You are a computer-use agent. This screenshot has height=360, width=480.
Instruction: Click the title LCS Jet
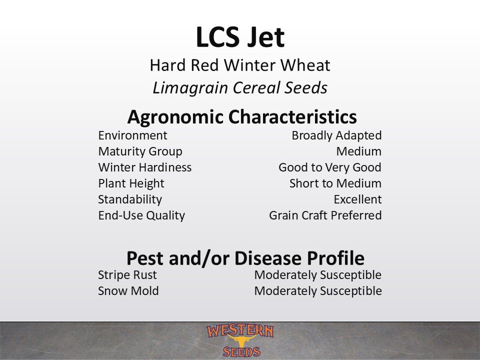(240, 37)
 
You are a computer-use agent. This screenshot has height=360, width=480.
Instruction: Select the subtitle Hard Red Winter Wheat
(240, 65)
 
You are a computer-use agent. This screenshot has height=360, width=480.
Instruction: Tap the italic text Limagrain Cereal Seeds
(240, 87)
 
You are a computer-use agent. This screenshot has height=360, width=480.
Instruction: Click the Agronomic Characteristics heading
(242, 117)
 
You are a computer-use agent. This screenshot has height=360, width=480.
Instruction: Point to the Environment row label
(132, 135)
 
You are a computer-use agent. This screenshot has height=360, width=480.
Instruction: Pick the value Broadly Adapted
(336, 135)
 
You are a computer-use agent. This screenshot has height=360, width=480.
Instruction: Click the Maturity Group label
(140, 151)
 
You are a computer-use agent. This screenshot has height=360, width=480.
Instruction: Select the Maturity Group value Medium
(359, 151)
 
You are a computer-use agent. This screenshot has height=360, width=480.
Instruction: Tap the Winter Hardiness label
(145, 167)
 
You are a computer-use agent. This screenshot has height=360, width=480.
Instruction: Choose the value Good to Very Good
(330, 167)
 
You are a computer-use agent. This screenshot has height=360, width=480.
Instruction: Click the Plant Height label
(131, 183)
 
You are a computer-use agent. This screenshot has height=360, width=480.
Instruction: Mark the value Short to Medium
(335, 183)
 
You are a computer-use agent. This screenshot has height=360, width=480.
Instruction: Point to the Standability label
(130, 199)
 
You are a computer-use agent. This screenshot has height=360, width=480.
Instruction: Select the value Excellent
(357, 199)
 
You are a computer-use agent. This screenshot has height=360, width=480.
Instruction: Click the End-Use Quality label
(141, 215)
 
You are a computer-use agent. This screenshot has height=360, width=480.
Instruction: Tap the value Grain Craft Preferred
(325, 215)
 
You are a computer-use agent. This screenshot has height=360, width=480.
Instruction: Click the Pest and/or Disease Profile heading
(245, 258)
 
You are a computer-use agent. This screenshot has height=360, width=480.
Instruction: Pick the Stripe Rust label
(127, 275)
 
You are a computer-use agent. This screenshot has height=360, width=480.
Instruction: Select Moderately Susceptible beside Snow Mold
(318, 291)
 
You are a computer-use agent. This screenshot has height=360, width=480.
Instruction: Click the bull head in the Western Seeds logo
(241, 340)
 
